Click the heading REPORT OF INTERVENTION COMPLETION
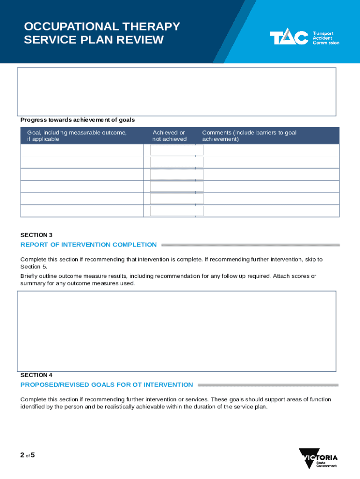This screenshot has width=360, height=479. pyautogui.click(x=89, y=245)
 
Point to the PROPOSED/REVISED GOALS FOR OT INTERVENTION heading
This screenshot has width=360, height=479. pyautogui.click(x=107, y=385)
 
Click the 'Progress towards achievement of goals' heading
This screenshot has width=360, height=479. pyautogui.click(x=78, y=120)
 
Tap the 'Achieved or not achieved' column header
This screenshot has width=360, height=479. pyautogui.click(x=169, y=136)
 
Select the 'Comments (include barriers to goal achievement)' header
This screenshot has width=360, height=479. pyautogui.click(x=249, y=136)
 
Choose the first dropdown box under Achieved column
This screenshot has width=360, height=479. pyautogui.click(x=176, y=150)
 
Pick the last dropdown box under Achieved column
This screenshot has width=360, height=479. pyautogui.click(x=176, y=211)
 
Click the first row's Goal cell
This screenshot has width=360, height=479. pyautogui.click(x=82, y=150)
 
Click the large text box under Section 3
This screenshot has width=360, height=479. pyautogui.click(x=176, y=331)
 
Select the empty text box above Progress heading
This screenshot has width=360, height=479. pyautogui.click(x=176, y=92)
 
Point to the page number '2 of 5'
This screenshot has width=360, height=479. pyautogui.click(x=27, y=454)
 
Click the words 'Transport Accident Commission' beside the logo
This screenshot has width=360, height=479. pyautogui.click(x=325, y=38)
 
